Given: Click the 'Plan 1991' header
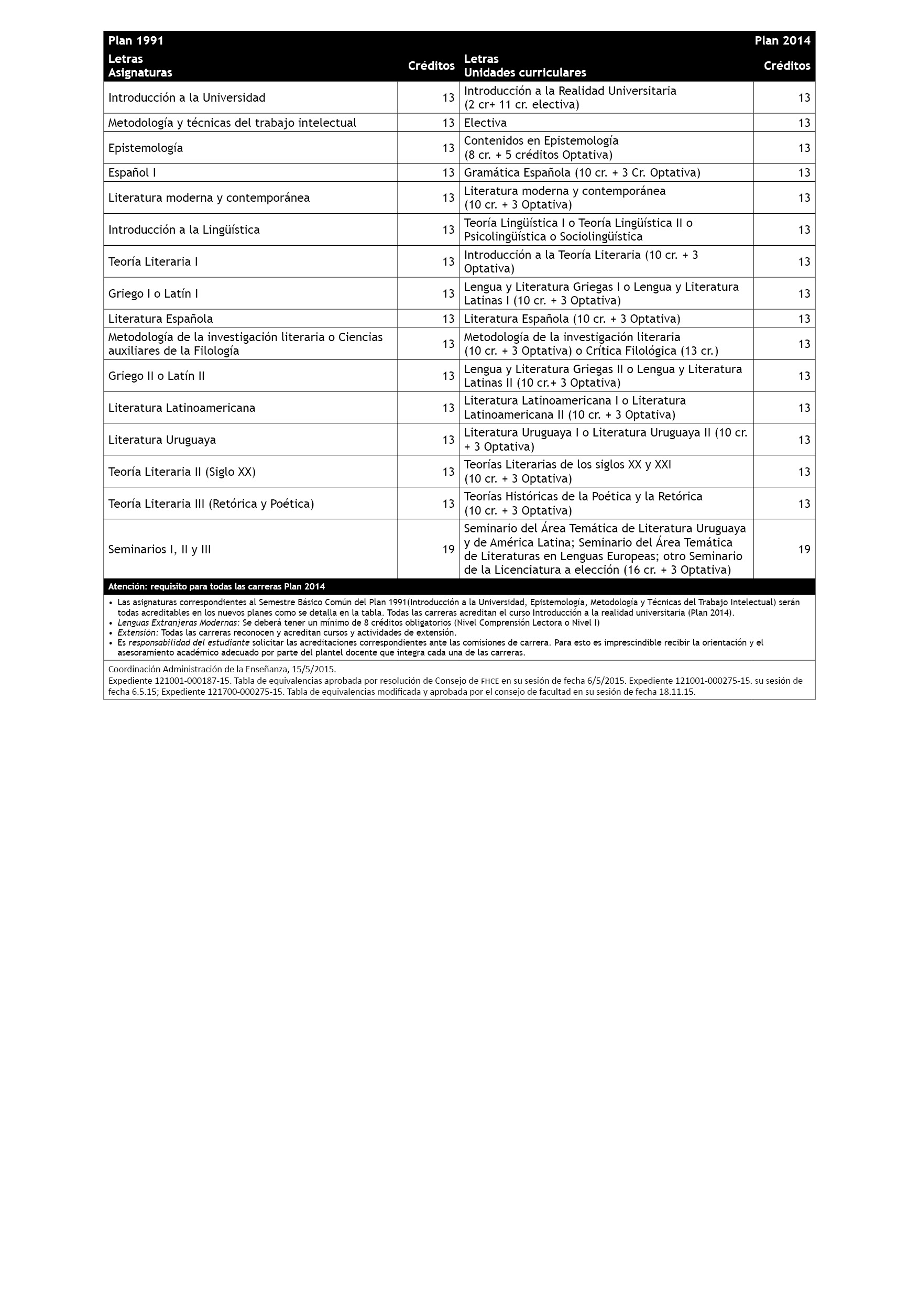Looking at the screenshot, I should (136, 40).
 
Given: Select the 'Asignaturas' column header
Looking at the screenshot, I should (140, 72).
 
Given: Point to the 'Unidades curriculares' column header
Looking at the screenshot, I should (524, 72).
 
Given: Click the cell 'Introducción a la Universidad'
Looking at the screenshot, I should (187, 97).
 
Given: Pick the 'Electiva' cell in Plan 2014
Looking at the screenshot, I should (485, 122).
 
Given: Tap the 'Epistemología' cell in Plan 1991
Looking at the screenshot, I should (146, 148).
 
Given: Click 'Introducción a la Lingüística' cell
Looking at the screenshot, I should (183, 230).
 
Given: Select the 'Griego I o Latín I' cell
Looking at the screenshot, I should (153, 293).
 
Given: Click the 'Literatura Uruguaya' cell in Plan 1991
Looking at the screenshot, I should (162, 440).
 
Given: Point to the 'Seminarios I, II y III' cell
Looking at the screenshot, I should (159, 549).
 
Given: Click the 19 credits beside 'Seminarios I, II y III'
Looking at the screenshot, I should (448, 549).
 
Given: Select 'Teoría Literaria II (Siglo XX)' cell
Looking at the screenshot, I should (182, 472).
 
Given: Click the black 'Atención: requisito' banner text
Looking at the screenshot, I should (216, 586).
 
